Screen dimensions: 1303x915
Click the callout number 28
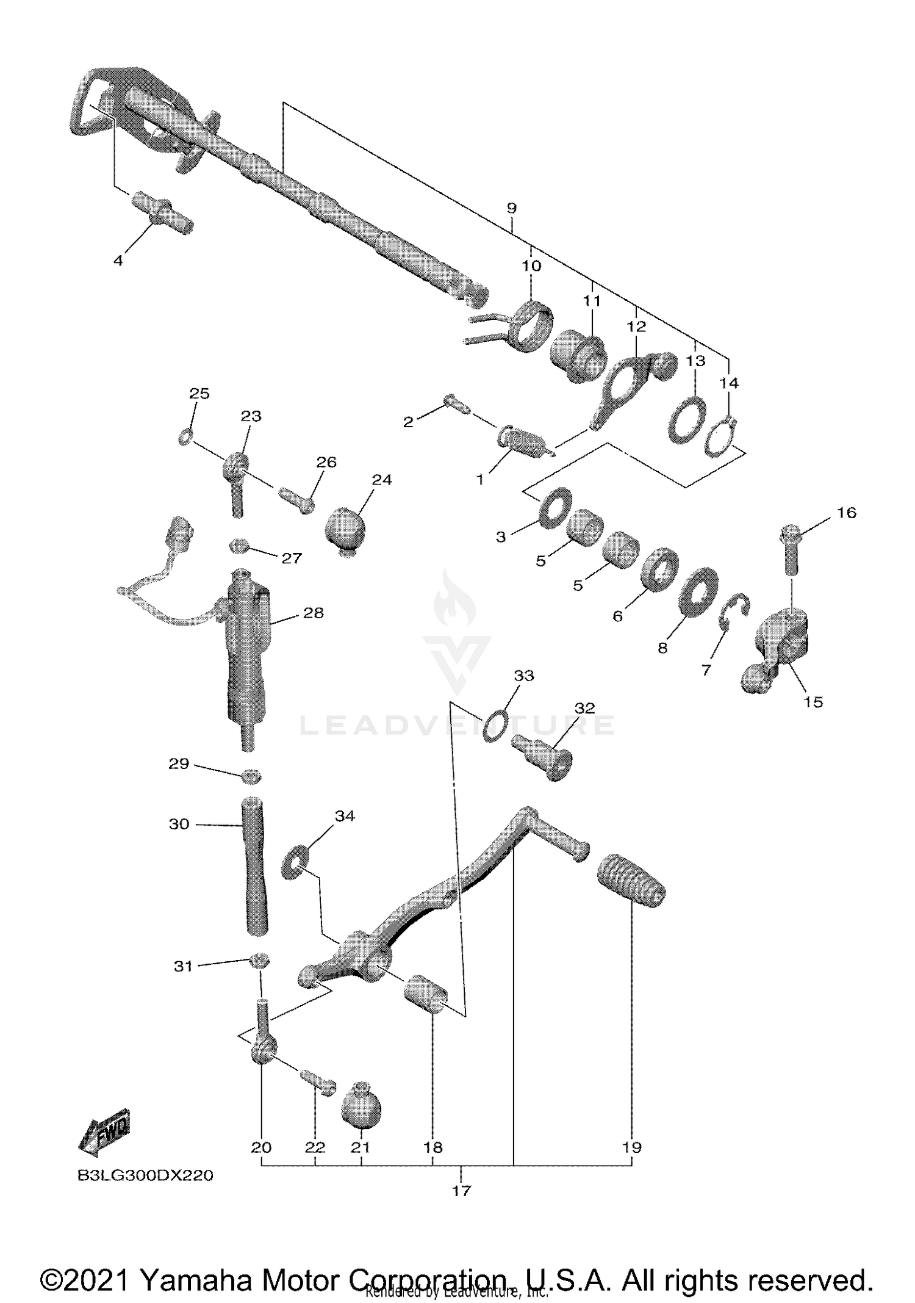tap(313, 613)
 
